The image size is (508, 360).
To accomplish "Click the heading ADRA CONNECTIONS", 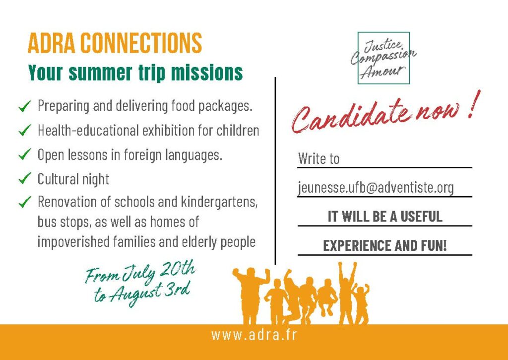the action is point(115,43).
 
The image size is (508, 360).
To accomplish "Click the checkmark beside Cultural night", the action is point(25,178).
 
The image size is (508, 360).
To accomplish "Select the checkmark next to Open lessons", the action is point(25,154).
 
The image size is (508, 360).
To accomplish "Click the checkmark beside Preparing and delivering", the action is point(25,106).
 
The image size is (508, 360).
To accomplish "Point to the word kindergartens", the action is point(219,203).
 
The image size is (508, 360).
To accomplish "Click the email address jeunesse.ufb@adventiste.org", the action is point(376,188).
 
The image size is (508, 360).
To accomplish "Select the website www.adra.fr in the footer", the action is point(254,335).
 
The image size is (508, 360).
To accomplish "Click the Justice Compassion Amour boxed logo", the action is point(383,58).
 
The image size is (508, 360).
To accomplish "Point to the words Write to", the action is point(318,158).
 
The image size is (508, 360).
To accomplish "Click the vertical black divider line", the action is point(275,171).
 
